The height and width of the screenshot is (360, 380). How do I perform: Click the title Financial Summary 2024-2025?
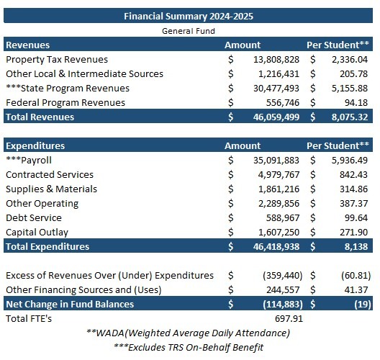(189, 16)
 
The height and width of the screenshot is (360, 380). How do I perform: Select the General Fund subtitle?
(189, 31)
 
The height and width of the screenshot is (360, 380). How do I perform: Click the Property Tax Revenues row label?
(57, 59)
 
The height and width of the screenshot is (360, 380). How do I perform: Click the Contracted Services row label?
(50, 174)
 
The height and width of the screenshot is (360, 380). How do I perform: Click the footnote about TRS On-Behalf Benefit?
(189, 348)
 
